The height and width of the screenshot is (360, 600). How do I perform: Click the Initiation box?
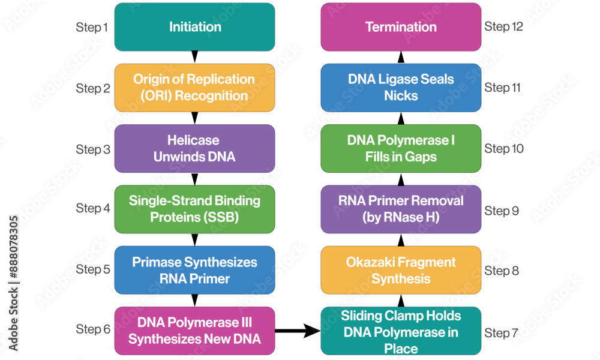coord(194,27)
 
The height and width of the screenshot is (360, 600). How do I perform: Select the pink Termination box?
coord(401,27)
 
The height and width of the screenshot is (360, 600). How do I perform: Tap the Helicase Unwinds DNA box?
coord(194,148)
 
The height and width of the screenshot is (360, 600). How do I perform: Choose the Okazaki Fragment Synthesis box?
coord(401,270)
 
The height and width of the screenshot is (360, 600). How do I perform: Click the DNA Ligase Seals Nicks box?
coord(401,88)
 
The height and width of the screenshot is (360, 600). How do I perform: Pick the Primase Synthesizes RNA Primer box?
coord(194,270)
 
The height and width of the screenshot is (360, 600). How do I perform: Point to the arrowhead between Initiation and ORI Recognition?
coord(194,56)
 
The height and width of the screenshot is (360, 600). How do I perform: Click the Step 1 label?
coord(92,28)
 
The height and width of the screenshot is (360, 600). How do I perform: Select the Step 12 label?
coord(503,27)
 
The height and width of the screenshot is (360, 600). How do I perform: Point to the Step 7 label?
coord(501,333)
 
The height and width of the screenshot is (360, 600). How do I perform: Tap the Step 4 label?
coord(93,208)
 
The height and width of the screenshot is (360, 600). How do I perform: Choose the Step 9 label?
coord(502,211)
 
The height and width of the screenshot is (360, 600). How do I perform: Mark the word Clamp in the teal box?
coord(407,316)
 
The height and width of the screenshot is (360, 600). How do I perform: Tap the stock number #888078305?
coord(13,247)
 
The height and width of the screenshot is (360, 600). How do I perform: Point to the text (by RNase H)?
coord(401,217)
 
